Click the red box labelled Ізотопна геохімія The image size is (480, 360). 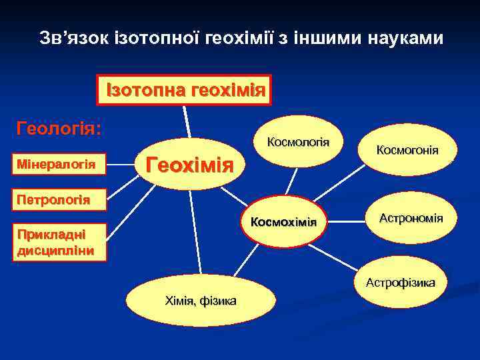click(x=185, y=89)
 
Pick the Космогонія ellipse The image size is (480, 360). click(x=407, y=151)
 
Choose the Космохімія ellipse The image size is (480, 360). click(x=283, y=222)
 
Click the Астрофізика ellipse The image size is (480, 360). click(x=400, y=283)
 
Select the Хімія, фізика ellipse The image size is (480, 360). click(x=200, y=301)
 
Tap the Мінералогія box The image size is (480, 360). click(x=56, y=164)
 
